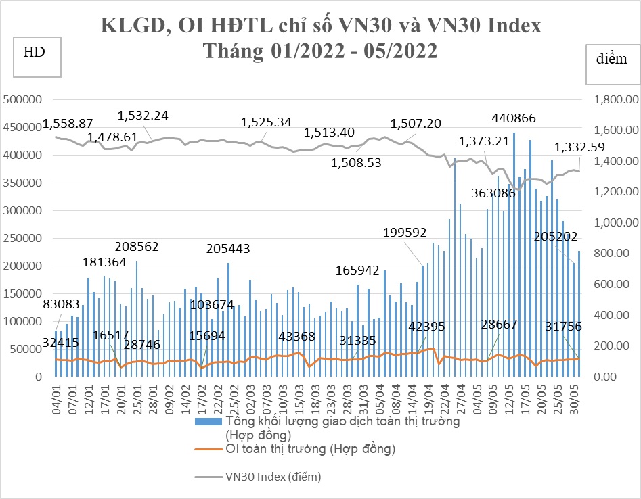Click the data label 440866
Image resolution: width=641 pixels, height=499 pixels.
coord(513,118)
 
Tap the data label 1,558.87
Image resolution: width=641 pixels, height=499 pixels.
coord(68,124)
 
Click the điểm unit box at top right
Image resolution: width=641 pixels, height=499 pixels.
coord(612,59)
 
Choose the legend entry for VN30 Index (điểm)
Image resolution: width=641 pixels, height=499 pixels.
coord(273,477)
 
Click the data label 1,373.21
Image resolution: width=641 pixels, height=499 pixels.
coord(483,141)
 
